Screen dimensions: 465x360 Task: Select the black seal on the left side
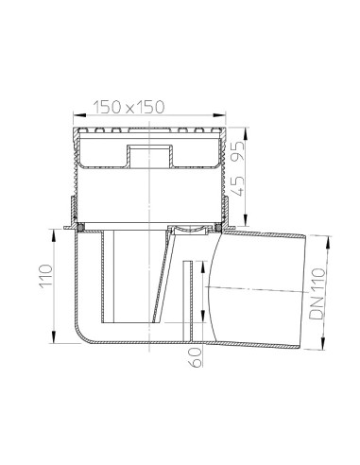(x=82, y=227)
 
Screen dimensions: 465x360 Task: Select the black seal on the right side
(x=220, y=227)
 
